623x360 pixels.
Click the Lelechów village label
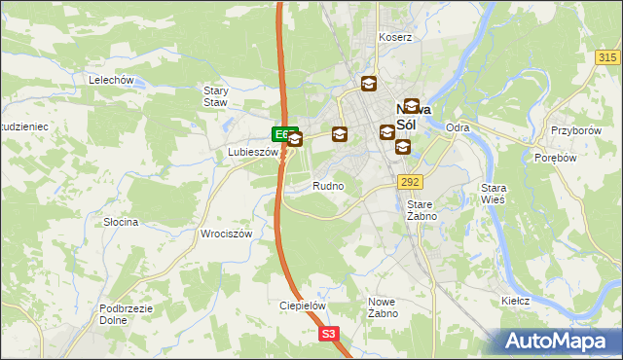click(110, 80)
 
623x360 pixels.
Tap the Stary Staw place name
click(215, 96)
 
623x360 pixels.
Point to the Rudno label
click(328, 185)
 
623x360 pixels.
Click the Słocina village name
click(121, 222)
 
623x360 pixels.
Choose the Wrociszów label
click(227, 234)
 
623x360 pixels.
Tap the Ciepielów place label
click(302, 305)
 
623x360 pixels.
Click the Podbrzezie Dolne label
click(124, 314)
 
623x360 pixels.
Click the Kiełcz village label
click(515, 301)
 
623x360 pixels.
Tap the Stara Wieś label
click(495, 194)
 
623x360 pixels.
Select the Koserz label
click(396, 37)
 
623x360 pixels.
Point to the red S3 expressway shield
click(329, 334)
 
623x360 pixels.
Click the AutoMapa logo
click(558, 342)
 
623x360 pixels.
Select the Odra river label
click(458, 127)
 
